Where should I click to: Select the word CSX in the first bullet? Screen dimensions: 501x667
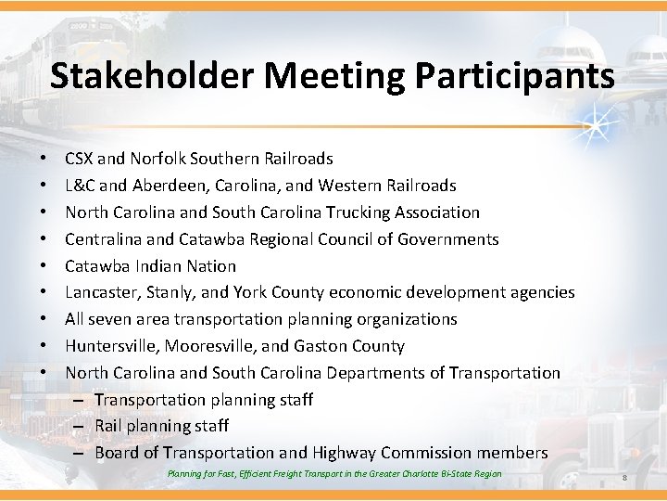(80, 159)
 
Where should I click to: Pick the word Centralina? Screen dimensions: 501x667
(107, 239)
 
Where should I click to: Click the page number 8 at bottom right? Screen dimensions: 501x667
(625, 477)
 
